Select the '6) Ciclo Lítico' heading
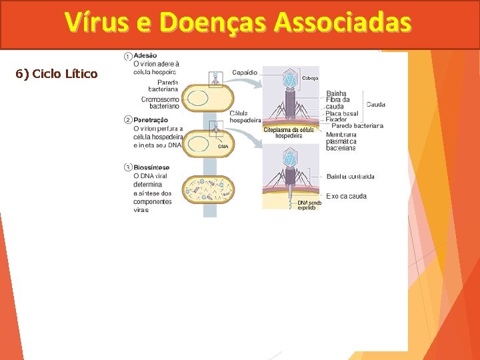pos(57,73)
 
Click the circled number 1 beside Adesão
pos(127,55)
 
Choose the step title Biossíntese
pos(151,167)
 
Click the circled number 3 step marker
pos(127,167)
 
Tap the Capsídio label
pos(245,72)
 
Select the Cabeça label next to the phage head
pos(311,78)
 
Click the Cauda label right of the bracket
pos(375,105)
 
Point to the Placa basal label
pos(342,113)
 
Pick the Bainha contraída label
pos(351,177)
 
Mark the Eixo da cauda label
pos(347,196)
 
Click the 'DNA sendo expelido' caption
pos(309,205)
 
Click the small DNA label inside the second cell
pos(223,146)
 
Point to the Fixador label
pos(337,119)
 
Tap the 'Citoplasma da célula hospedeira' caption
pos(289,132)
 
